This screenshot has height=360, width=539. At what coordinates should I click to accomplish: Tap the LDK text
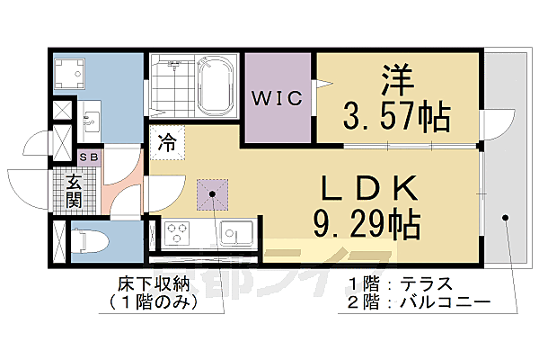368,188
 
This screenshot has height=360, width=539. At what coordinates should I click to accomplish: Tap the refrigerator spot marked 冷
167,141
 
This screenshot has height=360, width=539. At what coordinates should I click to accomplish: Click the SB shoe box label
90,156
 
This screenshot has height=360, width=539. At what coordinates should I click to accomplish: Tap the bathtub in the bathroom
212,88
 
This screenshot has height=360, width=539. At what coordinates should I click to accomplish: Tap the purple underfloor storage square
213,192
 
